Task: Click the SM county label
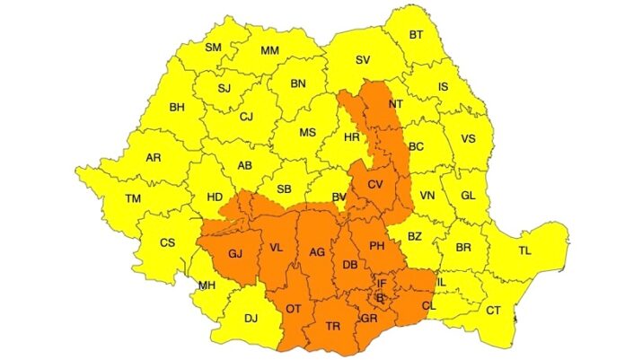(x=213, y=48)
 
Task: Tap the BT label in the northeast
(x=417, y=35)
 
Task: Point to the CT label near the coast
(x=493, y=310)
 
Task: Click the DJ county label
(x=251, y=317)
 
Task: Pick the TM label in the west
(x=133, y=198)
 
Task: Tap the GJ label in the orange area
(x=236, y=254)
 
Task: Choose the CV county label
(x=375, y=185)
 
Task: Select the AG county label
(x=316, y=253)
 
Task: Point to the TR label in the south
(x=333, y=326)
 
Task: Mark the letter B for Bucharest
(x=380, y=297)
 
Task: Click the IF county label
(x=382, y=284)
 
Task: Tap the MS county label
(x=307, y=132)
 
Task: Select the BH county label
(x=177, y=108)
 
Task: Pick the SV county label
(x=363, y=60)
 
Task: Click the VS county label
(x=468, y=139)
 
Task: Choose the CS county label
(x=167, y=242)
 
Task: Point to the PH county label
(x=377, y=246)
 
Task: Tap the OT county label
(x=293, y=308)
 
